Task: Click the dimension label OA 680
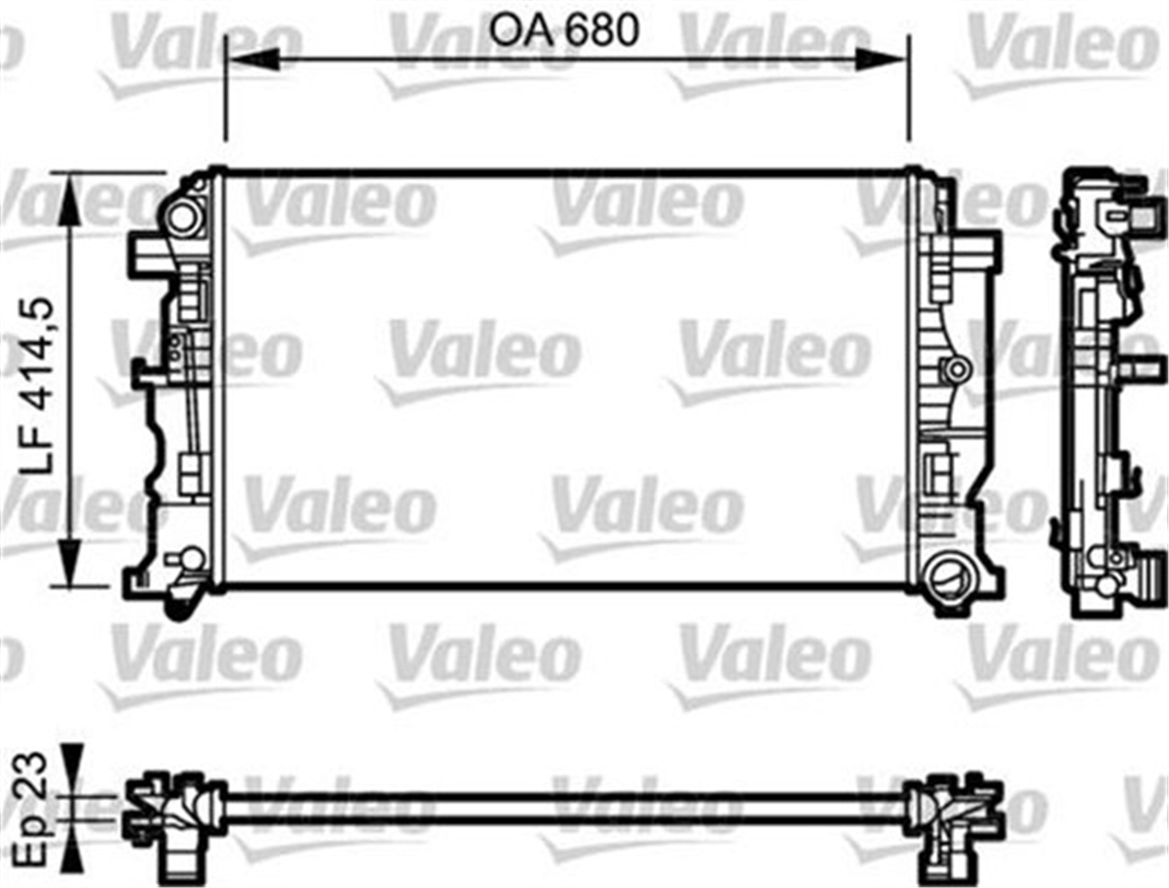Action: click(564, 30)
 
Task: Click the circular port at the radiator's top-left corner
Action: click(182, 217)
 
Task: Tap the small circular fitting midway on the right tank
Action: click(957, 369)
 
